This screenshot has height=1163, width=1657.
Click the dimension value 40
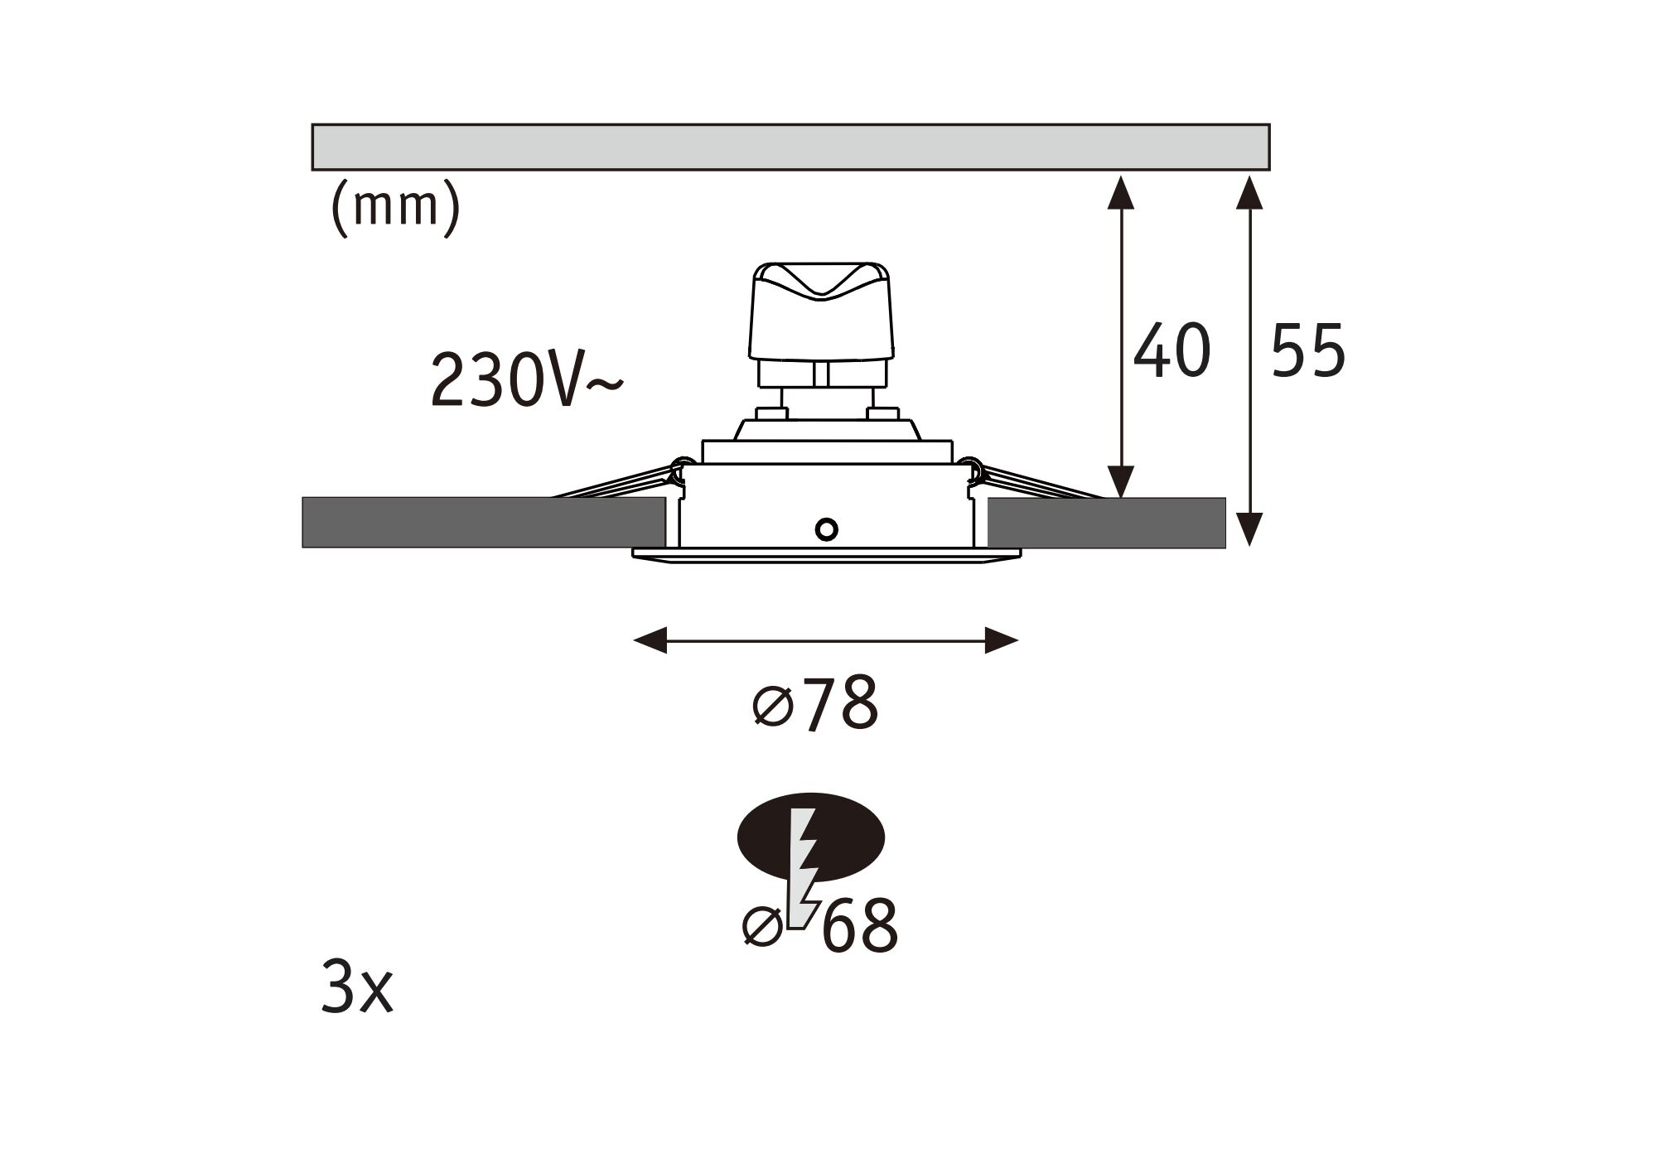[x=1171, y=351]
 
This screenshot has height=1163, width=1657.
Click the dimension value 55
[x=1308, y=351]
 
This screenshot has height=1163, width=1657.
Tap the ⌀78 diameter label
[x=816, y=705]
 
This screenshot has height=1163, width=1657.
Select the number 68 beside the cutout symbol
[x=860, y=925]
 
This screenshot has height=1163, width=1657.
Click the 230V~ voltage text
[x=525, y=381]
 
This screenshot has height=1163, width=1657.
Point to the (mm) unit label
[x=394, y=208]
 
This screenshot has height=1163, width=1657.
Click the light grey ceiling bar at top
[x=790, y=147]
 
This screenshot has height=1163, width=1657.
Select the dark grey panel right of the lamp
[x=1106, y=523]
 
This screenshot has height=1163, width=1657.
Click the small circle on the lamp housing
[x=826, y=528]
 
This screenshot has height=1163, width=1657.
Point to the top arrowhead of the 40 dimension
[x=1121, y=193]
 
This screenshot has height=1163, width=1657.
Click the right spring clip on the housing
[x=1027, y=485]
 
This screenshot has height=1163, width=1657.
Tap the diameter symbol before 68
[x=762, y=926]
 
